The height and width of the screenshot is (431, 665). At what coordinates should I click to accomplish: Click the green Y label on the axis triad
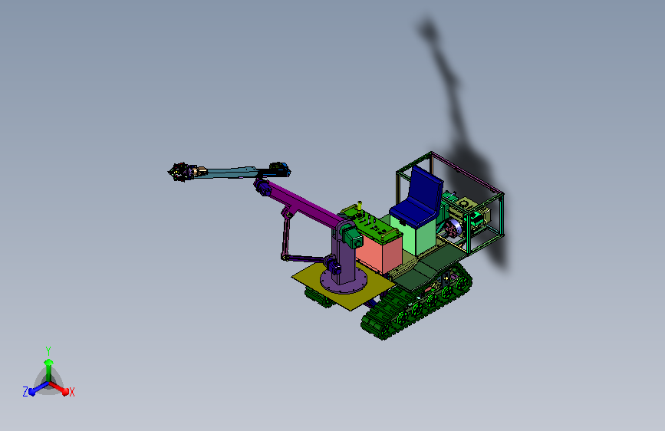48,350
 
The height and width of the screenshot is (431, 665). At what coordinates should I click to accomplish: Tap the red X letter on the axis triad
71,392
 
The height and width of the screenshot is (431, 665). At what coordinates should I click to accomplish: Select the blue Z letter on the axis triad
25,392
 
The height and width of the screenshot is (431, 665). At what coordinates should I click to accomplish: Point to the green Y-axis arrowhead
49,362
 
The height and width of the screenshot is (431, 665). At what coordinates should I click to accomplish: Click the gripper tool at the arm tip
179,172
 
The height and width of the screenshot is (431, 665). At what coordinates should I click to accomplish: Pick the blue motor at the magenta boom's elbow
262,187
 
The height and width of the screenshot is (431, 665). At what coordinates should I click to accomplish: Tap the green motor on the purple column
353,238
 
